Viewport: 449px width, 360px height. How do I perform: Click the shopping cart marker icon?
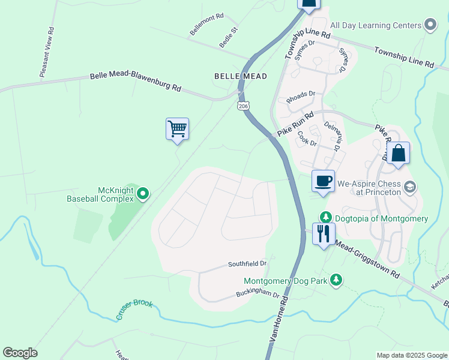(177, 129)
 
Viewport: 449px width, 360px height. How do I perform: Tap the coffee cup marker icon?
(323, 181)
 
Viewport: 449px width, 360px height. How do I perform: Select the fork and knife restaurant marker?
(324, 233)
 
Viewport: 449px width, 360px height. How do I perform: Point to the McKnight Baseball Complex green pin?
(143, 193)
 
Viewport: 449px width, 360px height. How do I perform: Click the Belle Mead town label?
(241, 76)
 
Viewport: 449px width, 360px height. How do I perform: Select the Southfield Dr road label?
(247, 263)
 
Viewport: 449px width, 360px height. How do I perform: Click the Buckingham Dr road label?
(260, 295)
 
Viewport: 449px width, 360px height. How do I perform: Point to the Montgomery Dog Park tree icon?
(337, 280)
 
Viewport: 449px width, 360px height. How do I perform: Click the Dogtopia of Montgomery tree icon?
(325, 218)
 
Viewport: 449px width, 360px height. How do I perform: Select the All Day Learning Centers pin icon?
(430, 25)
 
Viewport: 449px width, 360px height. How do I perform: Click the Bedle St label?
(229, 37)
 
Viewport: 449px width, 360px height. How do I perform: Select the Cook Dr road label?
(307, 137)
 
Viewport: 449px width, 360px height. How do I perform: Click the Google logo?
(20, 353)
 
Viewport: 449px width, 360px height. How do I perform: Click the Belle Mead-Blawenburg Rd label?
(136, 81)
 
